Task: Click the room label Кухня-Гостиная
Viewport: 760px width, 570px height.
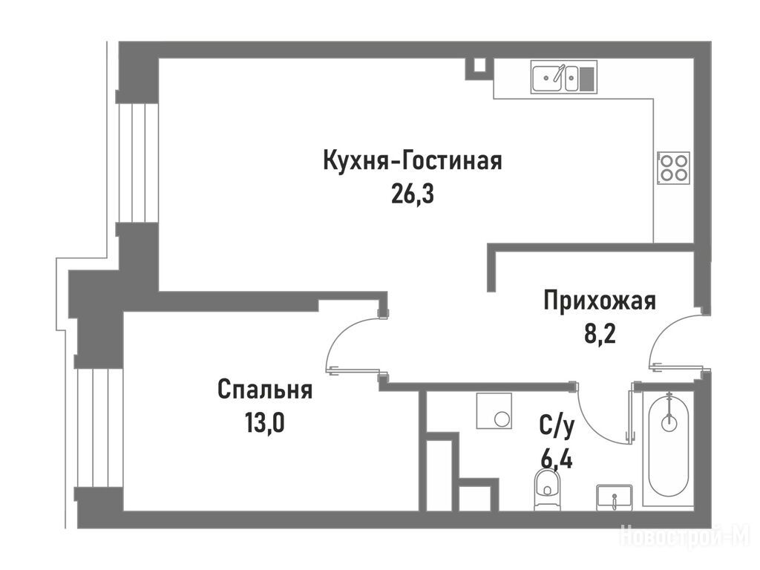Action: pos(413,161)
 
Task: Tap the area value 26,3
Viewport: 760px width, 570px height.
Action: pos(412,195)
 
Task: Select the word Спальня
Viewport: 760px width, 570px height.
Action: pos(265,390)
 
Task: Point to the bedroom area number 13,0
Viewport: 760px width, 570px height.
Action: pos(265,422)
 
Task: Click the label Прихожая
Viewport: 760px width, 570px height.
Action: pos(600,301)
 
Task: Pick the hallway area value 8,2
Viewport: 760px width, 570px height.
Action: pos(600,334)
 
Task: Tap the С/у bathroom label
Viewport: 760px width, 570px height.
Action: pos(557,426)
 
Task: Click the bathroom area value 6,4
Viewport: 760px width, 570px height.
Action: pos(557,459)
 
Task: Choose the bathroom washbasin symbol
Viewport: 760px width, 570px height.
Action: pos(614,497)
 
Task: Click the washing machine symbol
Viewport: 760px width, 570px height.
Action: pos(494,410)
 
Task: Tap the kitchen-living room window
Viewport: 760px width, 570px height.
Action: pos(139,163)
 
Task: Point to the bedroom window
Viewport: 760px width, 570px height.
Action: pos(100,428)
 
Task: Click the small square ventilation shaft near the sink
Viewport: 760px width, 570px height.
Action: pos(479,68)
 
